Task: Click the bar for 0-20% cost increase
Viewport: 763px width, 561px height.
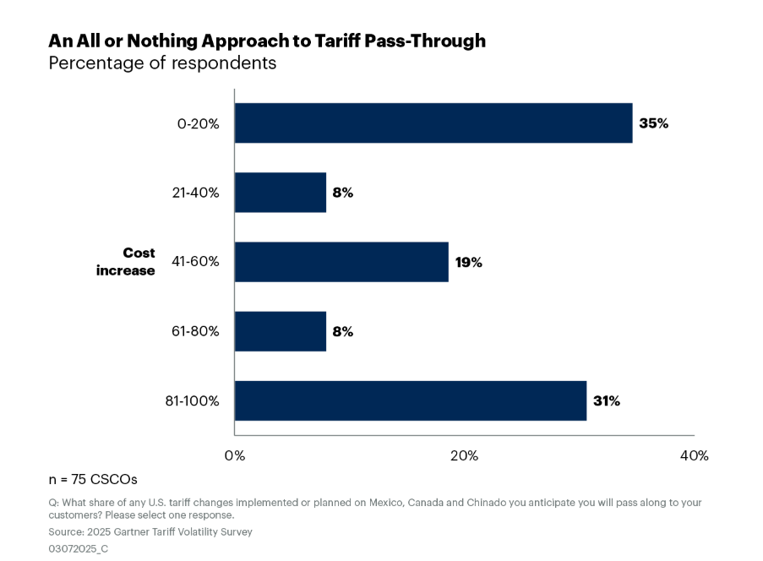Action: (433, 123)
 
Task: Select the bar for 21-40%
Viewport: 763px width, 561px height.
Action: (280, 193)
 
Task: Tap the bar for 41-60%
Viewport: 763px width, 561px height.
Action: (341, 262)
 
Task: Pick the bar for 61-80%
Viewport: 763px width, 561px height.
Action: (280, 331)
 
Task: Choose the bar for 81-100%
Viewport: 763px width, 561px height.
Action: (410, 400)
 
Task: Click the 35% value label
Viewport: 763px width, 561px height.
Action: (653, 123)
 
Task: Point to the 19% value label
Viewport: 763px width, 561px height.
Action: (468, 262)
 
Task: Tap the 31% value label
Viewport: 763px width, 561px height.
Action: (606, 400)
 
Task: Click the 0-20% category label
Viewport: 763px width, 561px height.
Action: (199, 123)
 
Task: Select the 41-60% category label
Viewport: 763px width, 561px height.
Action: (195, 262)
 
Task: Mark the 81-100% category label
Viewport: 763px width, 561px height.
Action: (192, 400)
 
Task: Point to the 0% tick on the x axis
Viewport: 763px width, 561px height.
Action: (235, 456)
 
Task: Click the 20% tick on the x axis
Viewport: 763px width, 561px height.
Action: (464, 456)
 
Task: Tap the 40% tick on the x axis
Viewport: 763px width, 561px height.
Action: (694, 456)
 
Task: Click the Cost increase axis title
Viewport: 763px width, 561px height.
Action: (127, 262)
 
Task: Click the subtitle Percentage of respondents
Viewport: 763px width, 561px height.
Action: (162, 63)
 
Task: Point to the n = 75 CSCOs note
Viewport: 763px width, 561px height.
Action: (93, 479)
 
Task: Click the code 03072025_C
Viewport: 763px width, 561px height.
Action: (79, 548)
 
